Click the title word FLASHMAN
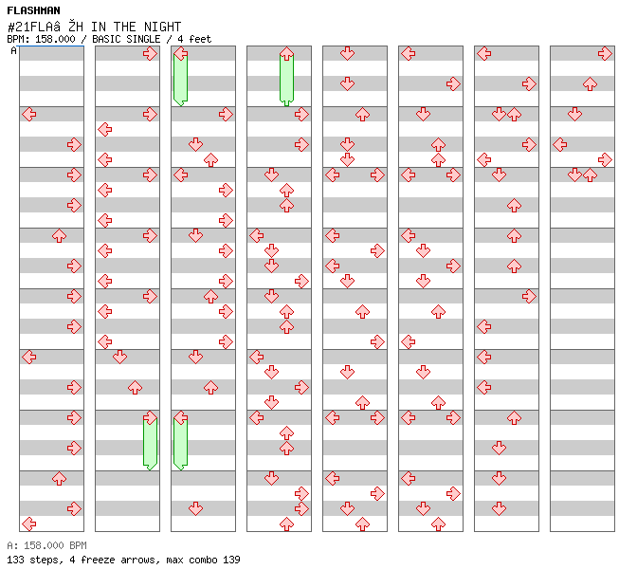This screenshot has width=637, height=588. [33, 10]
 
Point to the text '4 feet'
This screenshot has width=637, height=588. [194, 39]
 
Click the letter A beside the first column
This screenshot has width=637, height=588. [13, 50]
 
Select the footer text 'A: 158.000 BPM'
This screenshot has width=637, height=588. [46, 545]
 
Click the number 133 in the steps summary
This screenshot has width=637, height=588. [15, 560]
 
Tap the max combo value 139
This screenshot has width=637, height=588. [231, 560]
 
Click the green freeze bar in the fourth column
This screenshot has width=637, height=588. [287, 79]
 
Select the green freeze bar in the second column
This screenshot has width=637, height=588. [151, 443]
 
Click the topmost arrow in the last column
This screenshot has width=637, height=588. [605, 53]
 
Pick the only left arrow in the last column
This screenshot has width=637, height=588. [560, 144]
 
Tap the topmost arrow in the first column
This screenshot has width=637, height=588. [29, 114]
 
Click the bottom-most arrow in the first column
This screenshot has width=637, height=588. [29, 524]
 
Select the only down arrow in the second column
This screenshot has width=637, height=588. [119, 357]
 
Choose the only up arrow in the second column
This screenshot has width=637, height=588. [135, 387]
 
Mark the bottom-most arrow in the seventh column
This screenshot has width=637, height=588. [499, 508]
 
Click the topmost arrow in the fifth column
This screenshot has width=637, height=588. [347, 53]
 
